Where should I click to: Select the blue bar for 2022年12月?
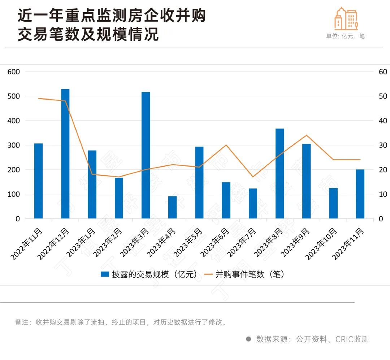pos(65,153)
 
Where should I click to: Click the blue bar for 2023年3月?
pos(146,155)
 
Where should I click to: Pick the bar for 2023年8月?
pos(279,173)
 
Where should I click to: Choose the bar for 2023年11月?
pos(360,194)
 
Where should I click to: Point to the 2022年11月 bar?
pos(38,181)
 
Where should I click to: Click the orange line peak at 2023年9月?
pos(306,135)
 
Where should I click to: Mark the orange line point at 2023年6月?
pos(226,145)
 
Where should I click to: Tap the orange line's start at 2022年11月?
pos(38,98)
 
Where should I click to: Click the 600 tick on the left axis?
pos(14,71)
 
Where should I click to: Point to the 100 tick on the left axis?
pos(14,194)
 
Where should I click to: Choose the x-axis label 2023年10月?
pos(321,244)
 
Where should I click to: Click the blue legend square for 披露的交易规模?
pos(105,274)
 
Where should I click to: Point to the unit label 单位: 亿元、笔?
pos(345,36)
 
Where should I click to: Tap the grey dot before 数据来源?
pos(248,339)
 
